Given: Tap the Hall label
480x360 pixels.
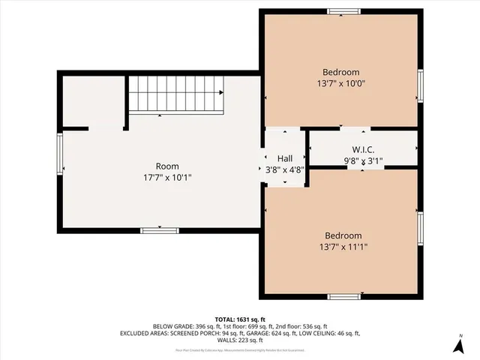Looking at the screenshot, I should coord(285,159).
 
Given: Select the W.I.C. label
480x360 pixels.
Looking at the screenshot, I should coord(363,149).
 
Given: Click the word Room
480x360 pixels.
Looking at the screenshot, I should coord(166,166).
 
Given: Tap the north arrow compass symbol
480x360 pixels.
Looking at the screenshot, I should coord(458,345).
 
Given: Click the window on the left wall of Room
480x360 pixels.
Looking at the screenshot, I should coord(58,152).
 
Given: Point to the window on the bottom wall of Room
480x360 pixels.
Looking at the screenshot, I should coord(158,230).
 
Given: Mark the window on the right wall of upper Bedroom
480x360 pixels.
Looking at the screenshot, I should coord(420,85).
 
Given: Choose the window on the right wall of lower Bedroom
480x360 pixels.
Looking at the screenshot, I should coord(420,229).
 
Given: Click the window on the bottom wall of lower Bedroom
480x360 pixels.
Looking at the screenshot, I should coord(343,297).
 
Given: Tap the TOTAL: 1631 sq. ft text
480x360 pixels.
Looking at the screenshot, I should coord(239,319).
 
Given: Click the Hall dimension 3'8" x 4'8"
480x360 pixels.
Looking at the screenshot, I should coord(285,170).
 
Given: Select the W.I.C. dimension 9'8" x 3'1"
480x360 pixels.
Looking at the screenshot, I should coord(363,160).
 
